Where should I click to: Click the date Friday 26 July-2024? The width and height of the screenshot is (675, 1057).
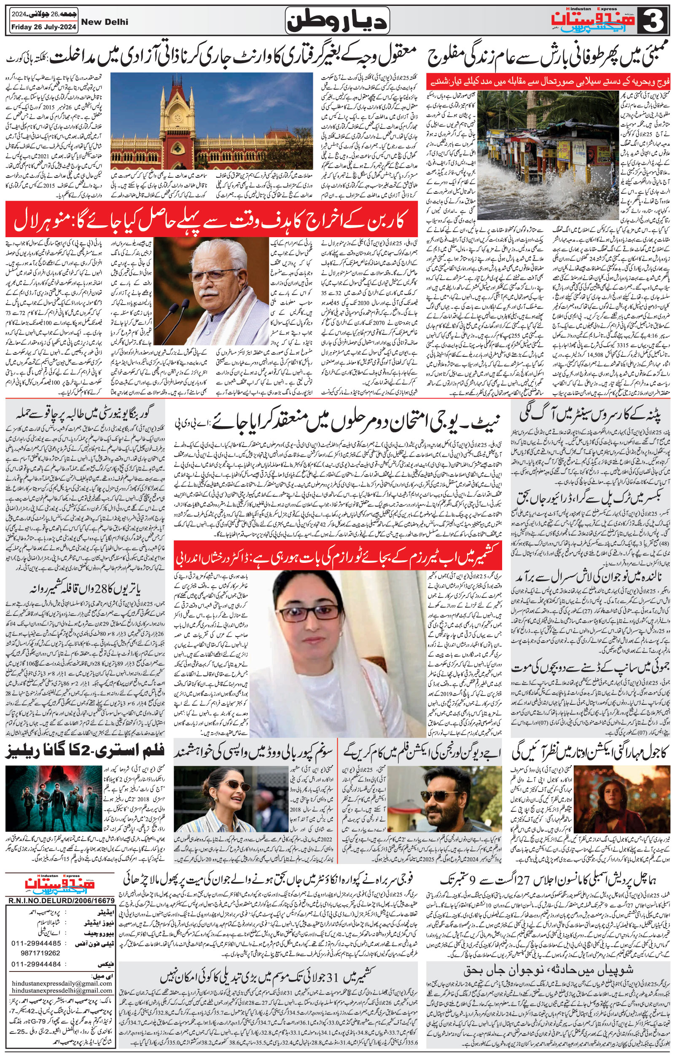[x=43, y=27]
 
